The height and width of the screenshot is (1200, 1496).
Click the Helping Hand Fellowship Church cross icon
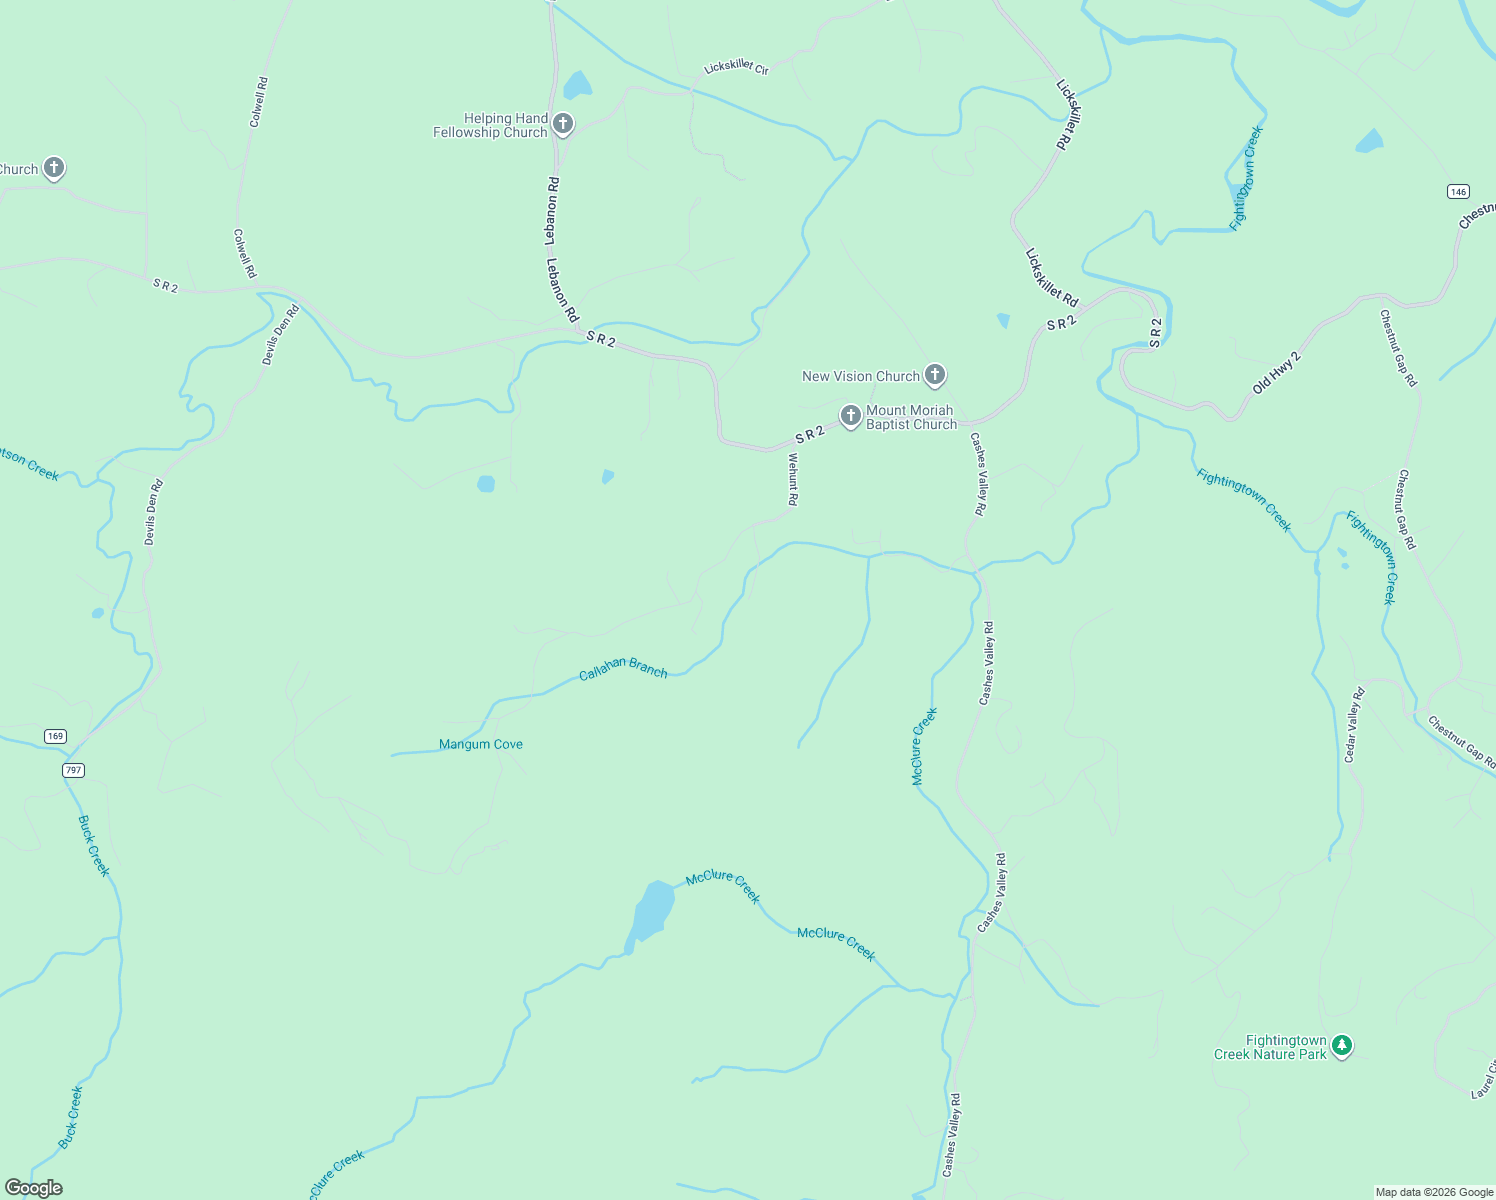563,124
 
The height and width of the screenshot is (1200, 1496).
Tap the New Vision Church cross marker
934,375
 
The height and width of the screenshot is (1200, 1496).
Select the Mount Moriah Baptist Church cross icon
851,416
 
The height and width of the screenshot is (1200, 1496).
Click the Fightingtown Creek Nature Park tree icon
1342,1046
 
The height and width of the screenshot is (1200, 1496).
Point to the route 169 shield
55,736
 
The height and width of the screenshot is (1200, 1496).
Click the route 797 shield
72,770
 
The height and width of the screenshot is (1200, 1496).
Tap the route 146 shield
1457,191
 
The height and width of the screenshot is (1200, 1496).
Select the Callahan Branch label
623,669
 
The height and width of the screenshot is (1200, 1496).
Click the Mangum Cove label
481,744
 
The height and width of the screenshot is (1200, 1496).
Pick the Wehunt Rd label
792,479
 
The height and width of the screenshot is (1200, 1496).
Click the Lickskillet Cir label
736,68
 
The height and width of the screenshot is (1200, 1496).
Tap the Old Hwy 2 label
1277,372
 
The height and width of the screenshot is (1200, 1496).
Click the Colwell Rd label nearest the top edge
258,102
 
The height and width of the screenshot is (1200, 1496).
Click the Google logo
34,1188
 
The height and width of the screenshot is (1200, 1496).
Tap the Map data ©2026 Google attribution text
1434,1192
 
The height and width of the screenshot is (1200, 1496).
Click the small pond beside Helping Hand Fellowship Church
577,86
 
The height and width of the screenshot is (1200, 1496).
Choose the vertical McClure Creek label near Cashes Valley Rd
925,746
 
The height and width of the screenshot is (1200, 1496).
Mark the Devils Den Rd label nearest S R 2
281,335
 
